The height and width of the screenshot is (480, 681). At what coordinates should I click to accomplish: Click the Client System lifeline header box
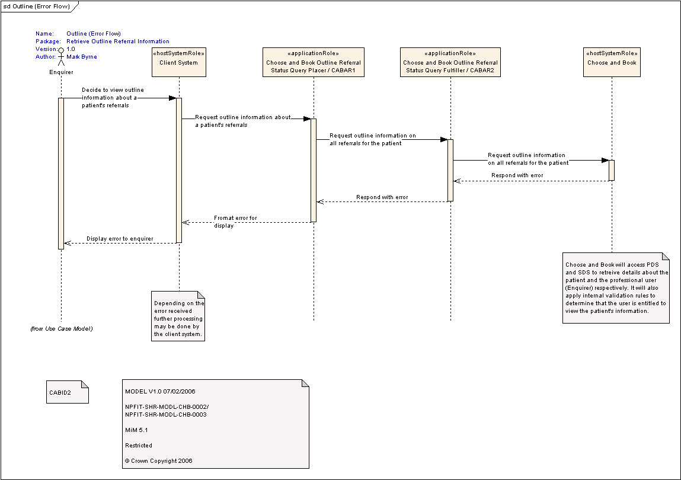coord(179,62)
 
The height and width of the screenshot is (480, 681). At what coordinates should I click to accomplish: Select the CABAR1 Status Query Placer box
coord(314,62)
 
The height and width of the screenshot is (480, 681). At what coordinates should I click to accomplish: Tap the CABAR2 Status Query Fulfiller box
coord(450,62)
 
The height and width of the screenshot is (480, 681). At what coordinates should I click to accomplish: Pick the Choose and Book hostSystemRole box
coord(612,62)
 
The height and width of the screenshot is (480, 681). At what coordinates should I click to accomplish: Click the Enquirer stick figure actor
coord(61,56)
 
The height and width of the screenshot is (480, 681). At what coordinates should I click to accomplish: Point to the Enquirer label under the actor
coord(61,72)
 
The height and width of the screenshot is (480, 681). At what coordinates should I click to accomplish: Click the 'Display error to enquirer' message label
coord(120,238)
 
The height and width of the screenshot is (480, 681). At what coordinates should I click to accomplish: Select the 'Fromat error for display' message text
coord(235,222)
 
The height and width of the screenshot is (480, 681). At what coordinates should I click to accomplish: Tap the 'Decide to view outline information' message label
coord(113,97)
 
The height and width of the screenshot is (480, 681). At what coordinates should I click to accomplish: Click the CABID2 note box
coord(68,392)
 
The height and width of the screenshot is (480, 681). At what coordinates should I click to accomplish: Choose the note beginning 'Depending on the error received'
coord(178,316)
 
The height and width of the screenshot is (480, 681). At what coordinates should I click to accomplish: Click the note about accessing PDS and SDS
coord(616,288)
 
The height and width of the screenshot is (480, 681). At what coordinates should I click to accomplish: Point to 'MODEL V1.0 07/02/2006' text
coord(160,391)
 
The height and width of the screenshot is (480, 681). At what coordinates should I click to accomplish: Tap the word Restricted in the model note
coord(139,445)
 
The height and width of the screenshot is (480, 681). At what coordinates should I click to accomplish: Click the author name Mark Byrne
coord(82,56)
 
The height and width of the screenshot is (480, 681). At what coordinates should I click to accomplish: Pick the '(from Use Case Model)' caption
coord(61,328)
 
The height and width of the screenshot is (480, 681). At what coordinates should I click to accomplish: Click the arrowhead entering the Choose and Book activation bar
coord(605,160)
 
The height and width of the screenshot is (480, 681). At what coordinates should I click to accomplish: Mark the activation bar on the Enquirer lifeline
coord(61,173)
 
